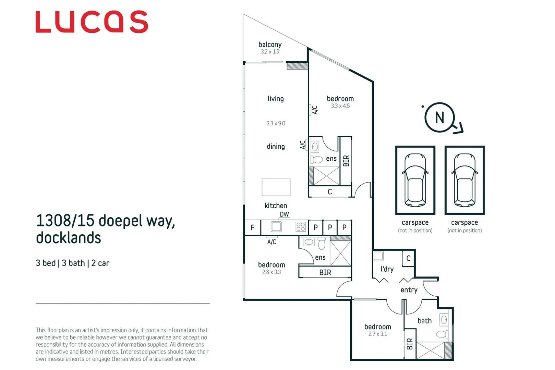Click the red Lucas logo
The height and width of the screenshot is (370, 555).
coord(92,22)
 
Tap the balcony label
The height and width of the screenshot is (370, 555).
coord(270,45)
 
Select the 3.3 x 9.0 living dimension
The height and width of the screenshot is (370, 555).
coord(276,123)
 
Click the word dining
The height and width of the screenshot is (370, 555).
coord(276,147)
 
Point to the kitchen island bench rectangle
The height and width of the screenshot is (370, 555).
coord(276,187)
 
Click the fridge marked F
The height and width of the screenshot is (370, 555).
coord(253,227)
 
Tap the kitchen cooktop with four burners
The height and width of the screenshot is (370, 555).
coord(301,227)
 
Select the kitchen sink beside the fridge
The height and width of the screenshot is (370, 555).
coord(276,227)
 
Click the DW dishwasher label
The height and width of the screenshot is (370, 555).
coord(284,214)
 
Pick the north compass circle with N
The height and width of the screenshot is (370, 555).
coord(439,118)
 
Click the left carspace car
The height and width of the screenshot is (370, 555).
coord(415,180)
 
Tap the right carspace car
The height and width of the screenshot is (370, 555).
coord(464,180)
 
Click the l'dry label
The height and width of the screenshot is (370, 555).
coord(387,269)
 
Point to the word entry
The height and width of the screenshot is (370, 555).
coord(409,290)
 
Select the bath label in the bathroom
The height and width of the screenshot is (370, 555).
coord(424,321)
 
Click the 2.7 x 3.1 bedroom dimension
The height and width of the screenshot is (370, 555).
coord(377,334)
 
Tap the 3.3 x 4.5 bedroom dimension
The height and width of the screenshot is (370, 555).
coord(340,106)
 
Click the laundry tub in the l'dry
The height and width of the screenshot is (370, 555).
coord(378,256)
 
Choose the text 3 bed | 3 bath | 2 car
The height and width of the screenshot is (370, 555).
coord(72,263)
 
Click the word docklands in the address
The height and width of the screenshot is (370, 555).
coord(69,238)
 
